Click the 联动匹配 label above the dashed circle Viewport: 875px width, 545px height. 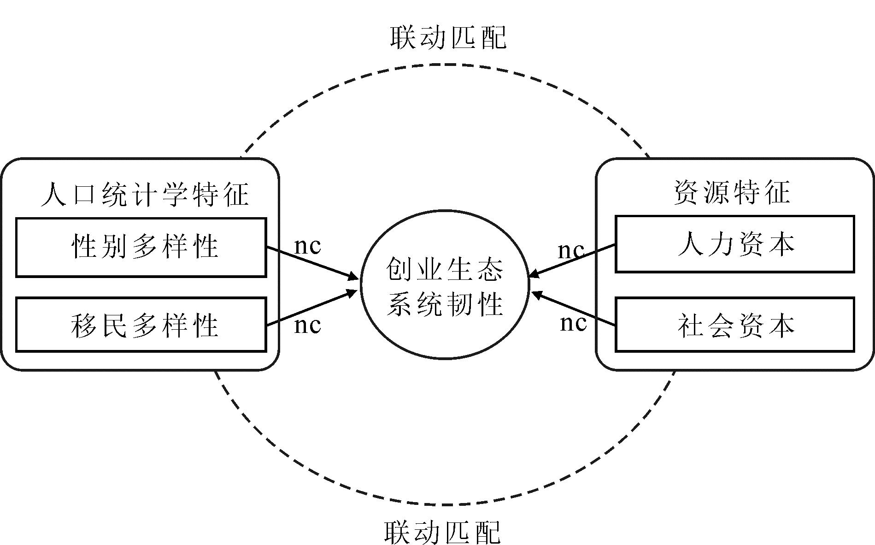[447, 38]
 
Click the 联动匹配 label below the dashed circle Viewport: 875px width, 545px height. [442, 532]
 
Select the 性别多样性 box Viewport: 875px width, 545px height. [141, 247]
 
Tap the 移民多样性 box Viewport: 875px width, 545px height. [141, 325]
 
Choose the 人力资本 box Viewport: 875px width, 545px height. [734, 244]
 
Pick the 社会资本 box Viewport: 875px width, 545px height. [734, 325]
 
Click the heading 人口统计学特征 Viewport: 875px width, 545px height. [145, 194]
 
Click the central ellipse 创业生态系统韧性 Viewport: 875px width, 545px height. [445, 284]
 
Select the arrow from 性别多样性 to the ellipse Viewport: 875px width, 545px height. [312, 263]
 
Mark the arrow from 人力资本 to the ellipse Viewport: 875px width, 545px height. [571, 261]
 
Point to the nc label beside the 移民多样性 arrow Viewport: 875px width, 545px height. [307, 325]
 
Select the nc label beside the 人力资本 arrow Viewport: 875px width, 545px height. [571, 250]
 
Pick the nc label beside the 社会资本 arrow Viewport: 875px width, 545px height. [573, 323]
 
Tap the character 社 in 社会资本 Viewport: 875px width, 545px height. [690, 326]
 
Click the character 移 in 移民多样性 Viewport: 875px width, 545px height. [83, 326]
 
